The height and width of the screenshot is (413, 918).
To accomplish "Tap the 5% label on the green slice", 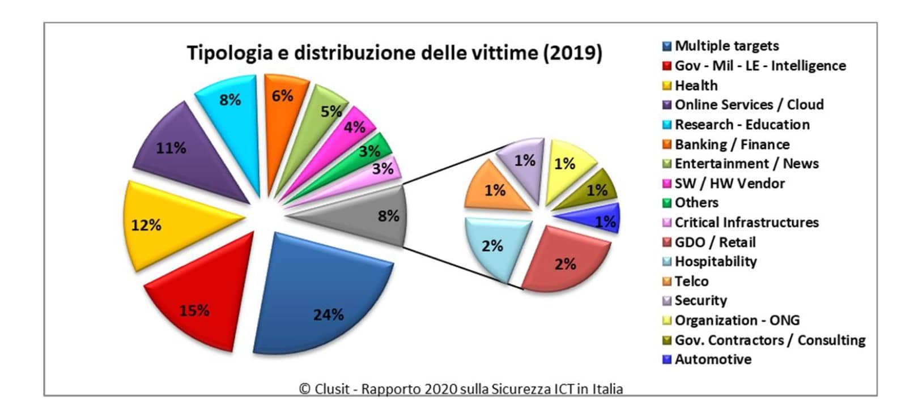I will click(331, 112).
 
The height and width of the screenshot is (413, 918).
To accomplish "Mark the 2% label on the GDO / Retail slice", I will click(565, 264).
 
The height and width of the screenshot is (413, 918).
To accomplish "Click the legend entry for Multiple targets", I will click(726, 46).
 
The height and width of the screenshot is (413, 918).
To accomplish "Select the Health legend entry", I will click(696, 86).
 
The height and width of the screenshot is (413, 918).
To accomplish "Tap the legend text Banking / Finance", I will click(732, 144).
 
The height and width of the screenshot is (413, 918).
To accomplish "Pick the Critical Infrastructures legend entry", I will click(746, 223).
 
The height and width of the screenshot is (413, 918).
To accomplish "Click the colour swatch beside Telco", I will click(667, 282).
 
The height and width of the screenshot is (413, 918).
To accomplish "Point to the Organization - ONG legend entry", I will click(737, 321).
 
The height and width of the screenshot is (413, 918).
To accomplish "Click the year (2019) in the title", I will click(572, 53).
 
